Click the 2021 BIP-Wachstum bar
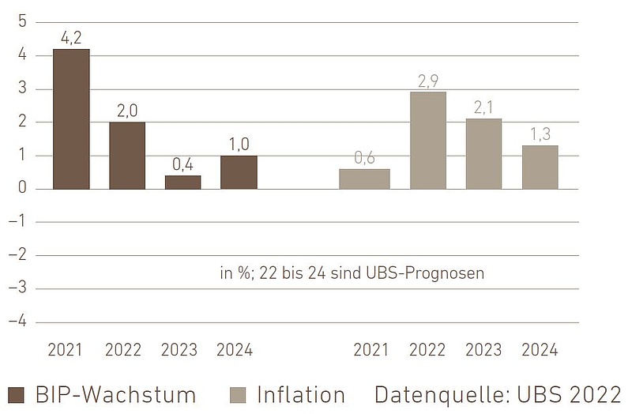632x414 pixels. tap(71, 119)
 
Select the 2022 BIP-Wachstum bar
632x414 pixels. tap(127, 156)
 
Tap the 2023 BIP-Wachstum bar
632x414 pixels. tap(182, 183)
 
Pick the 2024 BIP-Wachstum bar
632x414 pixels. tap(239, 172)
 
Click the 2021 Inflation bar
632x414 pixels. tap(364, 179)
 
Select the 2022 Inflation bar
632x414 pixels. tap(428, 141)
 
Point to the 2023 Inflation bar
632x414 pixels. tap(483, 154)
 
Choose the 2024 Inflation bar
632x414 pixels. tap(540, 167)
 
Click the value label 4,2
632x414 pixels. tap(71, 36)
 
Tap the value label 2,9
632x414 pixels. tap(428, 80)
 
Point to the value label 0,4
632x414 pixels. tap(182, 164)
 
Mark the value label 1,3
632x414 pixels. tap(540, 134)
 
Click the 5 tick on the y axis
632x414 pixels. tap(22, 21)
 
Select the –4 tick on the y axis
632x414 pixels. tap(18, 322)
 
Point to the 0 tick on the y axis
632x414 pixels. tap(22, 189)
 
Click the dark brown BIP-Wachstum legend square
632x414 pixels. tap(17, 395)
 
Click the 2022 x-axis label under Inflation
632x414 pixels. tap(428, 350)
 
